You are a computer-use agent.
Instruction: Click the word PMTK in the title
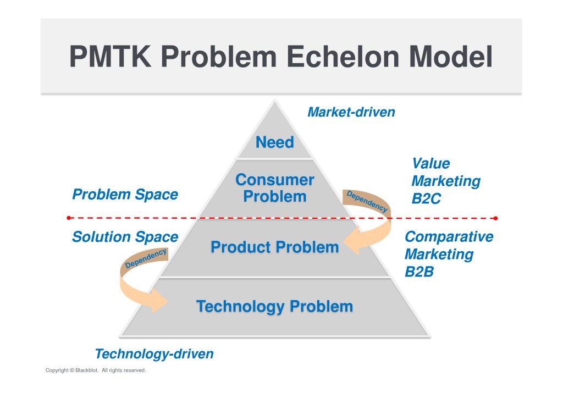click(x=110, y=56)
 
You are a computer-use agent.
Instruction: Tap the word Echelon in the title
click(x=343, y=56)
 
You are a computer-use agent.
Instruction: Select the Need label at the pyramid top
click(x=275, y=142)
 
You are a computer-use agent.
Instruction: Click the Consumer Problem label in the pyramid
click(x=275, y=188)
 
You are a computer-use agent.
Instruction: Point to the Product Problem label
click(x=275, y=247)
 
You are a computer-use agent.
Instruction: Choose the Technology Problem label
click(x=275, y=307)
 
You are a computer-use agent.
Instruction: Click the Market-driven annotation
click(x=351, y=112)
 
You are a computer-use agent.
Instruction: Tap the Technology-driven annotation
click(x=154, y=354)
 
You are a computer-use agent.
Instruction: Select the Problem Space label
click(x=125, y=195)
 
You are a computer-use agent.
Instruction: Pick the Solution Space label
click(x=125, y=237)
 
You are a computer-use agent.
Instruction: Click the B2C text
click(x=426, y=198)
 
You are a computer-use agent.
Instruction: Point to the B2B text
click(x=419, y=272)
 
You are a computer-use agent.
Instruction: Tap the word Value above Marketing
click(x=431, y=163)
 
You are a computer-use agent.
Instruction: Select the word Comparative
click(x=449, y=236)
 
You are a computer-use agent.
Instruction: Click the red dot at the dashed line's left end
click(x=69, y=218)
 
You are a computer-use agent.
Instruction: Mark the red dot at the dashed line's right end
click(x=495, y=218)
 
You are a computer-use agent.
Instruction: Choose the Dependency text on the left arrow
click(x=145, y=258)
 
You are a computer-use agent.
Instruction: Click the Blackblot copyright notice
click(x=96, y=370)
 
